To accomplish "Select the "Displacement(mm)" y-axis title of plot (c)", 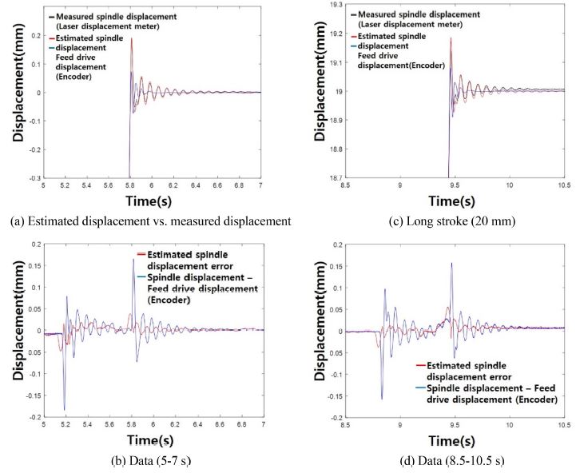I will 319,92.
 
